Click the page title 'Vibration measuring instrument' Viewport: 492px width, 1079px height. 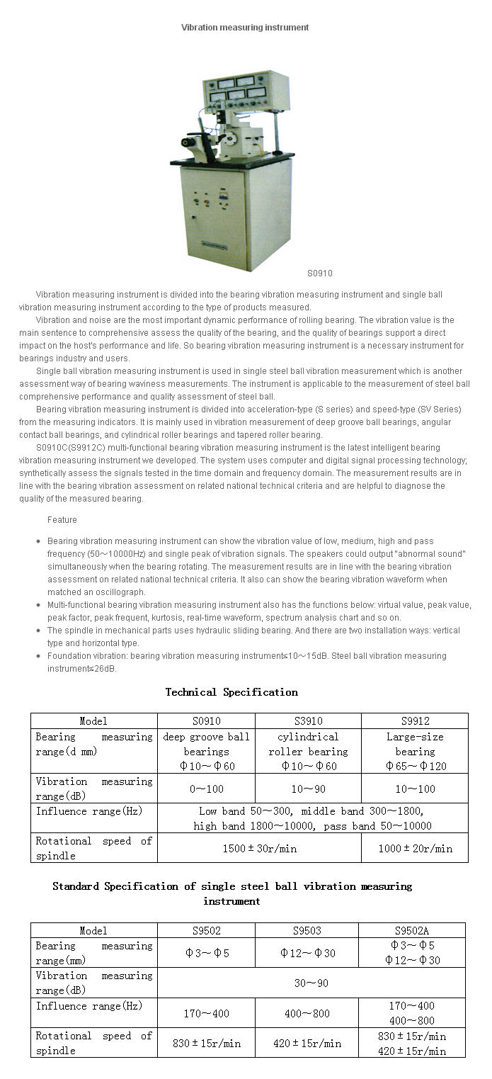[x=245, y=28]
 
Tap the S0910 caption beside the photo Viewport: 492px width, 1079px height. [x=319, y=273]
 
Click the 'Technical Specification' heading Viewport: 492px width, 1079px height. [x=231, y=692]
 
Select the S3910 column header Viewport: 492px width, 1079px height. [x=308, y=721]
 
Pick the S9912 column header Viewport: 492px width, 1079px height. [x=415, y=721]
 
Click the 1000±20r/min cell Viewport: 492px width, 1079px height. [x=415, y=848]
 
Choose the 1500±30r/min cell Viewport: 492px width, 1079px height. [x=258, y=848]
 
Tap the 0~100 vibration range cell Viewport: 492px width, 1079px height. [x=206, y=788]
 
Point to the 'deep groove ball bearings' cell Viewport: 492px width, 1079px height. [x=206, y=751]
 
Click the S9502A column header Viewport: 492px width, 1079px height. [x=412, y=930]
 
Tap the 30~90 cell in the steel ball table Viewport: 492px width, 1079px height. [x=311, y=983]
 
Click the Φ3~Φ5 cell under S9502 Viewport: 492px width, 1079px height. [x=207, y=953]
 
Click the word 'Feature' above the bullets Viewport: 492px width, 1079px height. [x=62, y=520]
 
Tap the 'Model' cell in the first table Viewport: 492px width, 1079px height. [x=93, y=721]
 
